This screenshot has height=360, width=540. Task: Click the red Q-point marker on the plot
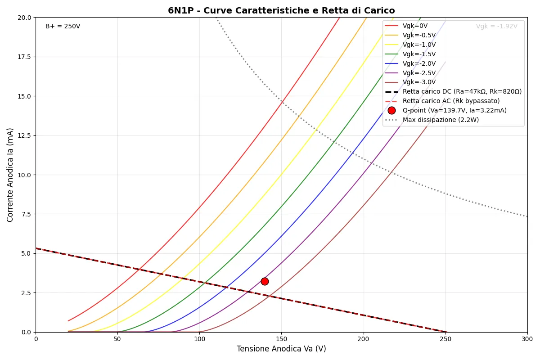tap(265, 281)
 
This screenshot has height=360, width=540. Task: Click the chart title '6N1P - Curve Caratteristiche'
tap(281, 11)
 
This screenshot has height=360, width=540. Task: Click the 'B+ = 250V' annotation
tap(63, 27)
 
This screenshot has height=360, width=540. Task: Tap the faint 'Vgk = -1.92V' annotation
tap(496, 27)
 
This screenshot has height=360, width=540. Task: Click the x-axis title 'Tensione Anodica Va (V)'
tap(281, 349)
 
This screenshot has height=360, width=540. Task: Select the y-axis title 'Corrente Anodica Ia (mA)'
tap(10, 175)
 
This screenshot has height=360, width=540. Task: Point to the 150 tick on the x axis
tap(281, 339)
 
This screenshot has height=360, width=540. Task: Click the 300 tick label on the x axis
tap(527, 339)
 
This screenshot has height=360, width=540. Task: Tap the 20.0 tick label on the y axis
tap(25, 18)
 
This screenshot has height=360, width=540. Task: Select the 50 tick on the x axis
tap(117, 339)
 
